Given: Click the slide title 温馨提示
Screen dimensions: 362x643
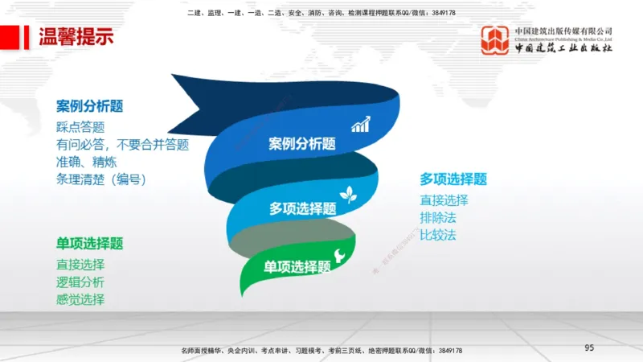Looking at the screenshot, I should pos(76,37).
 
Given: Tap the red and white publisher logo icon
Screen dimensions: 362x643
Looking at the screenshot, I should pos(495,40).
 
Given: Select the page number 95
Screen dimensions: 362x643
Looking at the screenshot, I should pos(589,348).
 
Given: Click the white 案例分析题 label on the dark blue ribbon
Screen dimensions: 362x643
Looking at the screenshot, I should pos(302,144).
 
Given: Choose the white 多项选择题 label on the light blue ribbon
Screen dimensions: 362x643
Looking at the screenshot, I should pos(302,208).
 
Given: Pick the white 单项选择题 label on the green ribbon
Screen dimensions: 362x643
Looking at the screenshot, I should pos(297,267).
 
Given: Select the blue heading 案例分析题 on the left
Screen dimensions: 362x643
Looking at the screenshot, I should pos(89,106).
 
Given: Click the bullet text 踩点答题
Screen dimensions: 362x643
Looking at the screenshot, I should pos(80,127).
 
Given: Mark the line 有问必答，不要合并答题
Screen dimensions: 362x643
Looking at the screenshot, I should pos(122,145).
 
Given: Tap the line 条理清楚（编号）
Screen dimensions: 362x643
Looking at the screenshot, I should pos(100,179).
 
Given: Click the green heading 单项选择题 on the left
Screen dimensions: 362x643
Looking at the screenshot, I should pos(89,244).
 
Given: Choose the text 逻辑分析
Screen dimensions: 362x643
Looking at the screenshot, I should pos(80,282).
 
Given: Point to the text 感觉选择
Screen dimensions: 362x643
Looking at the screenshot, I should pos(80,299).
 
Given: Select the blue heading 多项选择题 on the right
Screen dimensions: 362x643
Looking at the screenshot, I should pos(453,179).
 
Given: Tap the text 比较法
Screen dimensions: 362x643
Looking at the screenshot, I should pos(437,235).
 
